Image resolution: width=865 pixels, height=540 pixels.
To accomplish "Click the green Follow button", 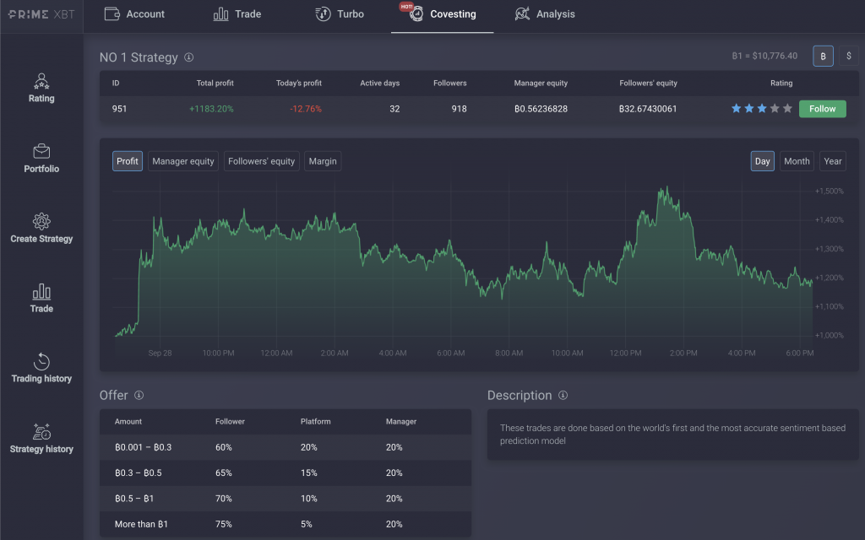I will [x=822, y=109].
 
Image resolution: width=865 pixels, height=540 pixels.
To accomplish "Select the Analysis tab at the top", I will [x=545, y=14].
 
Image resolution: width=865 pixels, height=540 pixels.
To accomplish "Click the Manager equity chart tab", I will [x=182, y=161].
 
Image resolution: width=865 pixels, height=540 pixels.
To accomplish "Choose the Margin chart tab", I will [x=323, y=161].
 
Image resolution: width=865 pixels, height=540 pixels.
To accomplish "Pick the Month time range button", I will [x=797, y=161].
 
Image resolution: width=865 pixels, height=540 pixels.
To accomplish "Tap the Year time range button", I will [x=833, y=161].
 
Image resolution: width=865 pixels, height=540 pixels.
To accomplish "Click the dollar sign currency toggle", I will [x=848, y=56].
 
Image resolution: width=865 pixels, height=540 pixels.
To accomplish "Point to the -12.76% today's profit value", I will [x=305, y=109].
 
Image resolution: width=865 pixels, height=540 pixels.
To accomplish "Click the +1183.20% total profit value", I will [x=211, y=109].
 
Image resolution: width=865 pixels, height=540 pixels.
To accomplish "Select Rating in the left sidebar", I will [x=41, y=88].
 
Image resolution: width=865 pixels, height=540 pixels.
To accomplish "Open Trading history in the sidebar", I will [x=41, y=368].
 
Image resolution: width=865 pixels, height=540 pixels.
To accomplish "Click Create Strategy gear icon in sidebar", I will [x=41, y=221].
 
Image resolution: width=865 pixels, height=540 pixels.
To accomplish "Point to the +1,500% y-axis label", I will [x=830, y=192].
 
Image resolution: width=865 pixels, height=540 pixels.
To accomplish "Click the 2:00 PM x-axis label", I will [x=683, y=353].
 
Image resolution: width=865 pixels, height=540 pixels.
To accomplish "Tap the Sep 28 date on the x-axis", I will [x=160, y=353].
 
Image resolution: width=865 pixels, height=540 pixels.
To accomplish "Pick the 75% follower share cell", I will [x=224, y=524].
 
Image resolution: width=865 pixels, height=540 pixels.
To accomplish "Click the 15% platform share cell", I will [x=308, y=472].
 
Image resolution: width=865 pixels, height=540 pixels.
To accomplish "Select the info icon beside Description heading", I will [x=563, y=396].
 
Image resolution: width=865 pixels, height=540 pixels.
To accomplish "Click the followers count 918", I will [x=459, y=109].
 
